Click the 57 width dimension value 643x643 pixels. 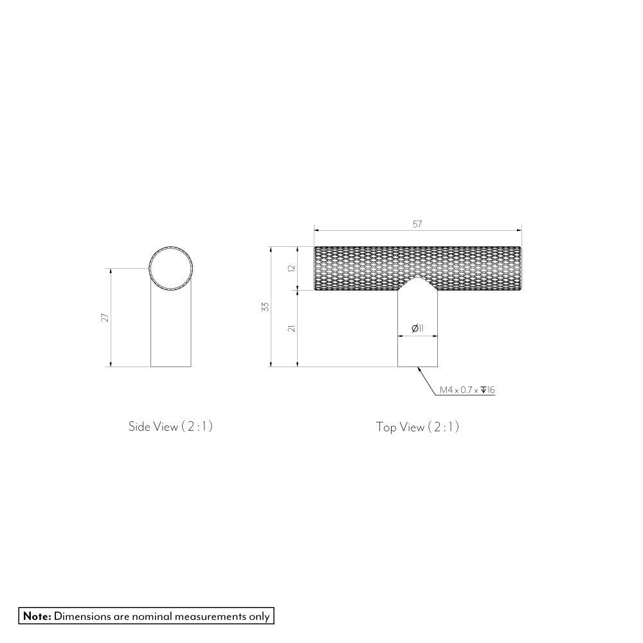click(417, 224)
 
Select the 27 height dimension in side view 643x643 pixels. click(104, 317)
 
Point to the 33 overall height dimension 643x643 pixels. click(264, 307)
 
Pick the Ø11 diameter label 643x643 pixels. click(417, 329)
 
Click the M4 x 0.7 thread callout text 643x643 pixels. click(459, 390)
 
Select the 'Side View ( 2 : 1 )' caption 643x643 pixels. click(170, 426)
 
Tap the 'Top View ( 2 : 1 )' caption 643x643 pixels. click(417, 427)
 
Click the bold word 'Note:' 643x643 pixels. click(37, 616)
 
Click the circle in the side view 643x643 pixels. click(170, 267)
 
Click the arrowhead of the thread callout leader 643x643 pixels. click(420, 369)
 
